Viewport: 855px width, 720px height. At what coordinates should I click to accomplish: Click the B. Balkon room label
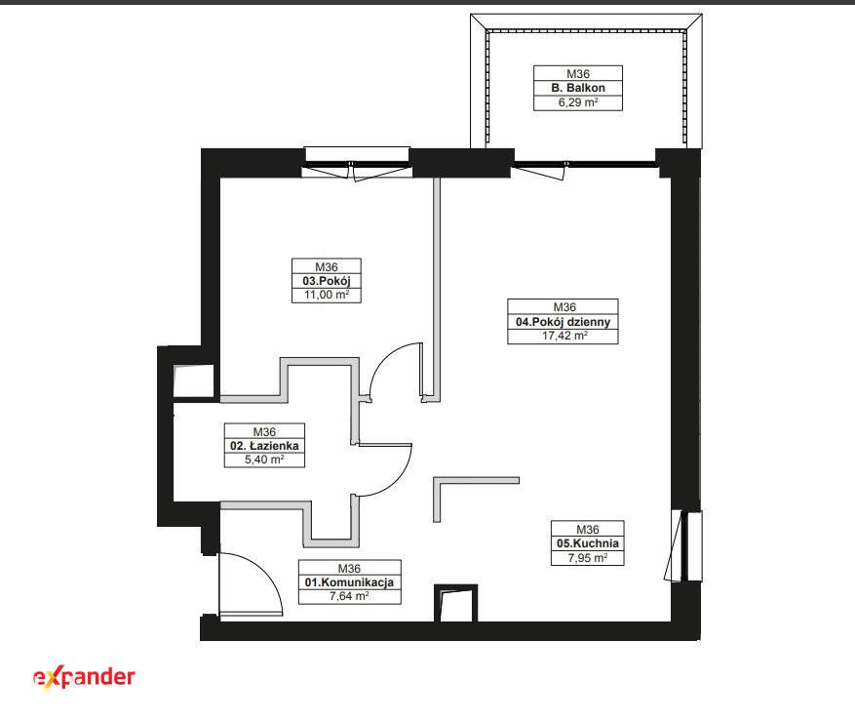coord(578,88)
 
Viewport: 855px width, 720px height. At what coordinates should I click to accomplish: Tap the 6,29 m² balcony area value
coord(578,102)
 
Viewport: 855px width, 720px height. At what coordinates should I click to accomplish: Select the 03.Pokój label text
coord(327,281)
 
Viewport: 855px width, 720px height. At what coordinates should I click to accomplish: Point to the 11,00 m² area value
coord(327,295)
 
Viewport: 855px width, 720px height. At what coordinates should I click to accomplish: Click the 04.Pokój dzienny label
coord(563,322)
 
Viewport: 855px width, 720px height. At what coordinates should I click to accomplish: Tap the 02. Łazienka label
coord(264,446)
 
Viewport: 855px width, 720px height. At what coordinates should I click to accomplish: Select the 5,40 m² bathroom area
coord(264,460)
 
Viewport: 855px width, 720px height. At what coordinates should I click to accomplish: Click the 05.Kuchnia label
coord(588,543)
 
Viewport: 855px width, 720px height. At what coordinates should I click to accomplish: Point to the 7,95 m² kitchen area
coord(588,558)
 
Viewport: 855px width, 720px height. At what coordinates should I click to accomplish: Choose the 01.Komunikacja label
coord(350,582)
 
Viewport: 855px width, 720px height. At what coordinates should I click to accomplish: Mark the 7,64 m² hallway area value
coord(350,596)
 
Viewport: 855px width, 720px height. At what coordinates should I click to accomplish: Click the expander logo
coord(84,677)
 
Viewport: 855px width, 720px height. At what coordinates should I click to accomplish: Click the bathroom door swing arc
coord(397,480)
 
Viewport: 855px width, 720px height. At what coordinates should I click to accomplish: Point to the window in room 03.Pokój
coord(357,163)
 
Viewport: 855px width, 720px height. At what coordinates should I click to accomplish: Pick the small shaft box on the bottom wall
coord(456,603)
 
